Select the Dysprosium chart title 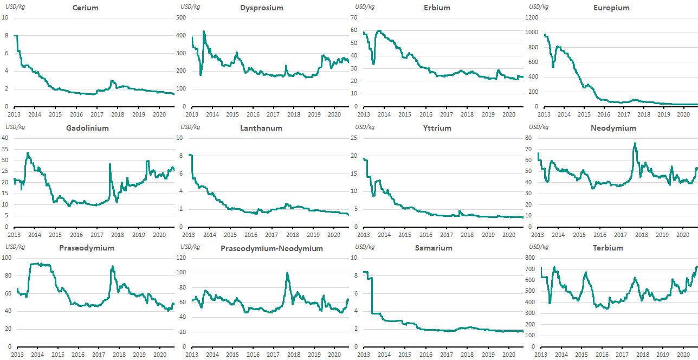(262, 8)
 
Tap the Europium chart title (611, 8)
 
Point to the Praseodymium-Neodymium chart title (272, 248)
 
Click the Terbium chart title (608, 248)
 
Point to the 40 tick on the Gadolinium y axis (5, 138)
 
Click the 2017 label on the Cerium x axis (96, 114)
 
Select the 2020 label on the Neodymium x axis (682, 235)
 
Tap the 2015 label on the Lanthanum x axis (230, 235)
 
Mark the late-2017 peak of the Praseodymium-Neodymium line (287, 273)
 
